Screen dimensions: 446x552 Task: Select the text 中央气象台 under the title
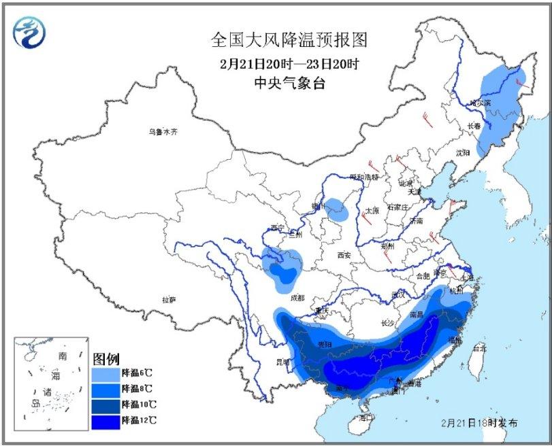[289, 84]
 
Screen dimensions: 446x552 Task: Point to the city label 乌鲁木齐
[163, 132]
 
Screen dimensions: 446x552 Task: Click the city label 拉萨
[169, 300]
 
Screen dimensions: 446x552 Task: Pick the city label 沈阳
[463, 153]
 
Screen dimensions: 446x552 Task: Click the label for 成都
[297, 298]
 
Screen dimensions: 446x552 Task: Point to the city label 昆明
[282, 360]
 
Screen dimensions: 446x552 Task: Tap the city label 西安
[342, 255]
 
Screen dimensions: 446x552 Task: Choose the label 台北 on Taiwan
[479, 348]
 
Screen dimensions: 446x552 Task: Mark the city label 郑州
[388, 245]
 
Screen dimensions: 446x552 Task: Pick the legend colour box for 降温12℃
[105, 421]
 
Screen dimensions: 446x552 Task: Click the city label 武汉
[398, 294]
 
